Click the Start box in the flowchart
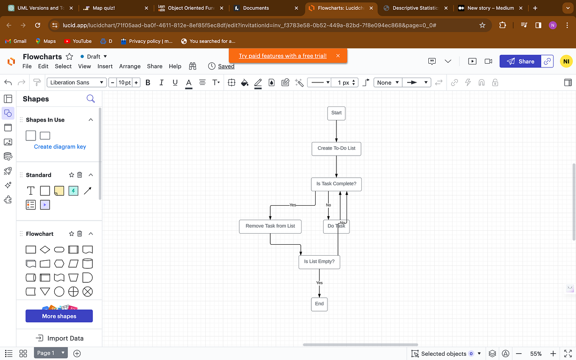(336, 113)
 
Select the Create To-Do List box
(336, 148)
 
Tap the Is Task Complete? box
(336, 184)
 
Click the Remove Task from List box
(270, 226)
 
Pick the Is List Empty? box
(319, 262)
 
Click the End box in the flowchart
(319, 304)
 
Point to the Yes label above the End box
(319, 283)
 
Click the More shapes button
(59, 316)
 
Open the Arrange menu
(130, 66)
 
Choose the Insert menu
(105, 66)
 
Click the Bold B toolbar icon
(148, 83)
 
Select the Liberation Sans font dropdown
(76, 83)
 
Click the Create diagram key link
(60, 147)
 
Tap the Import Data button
(59, 338)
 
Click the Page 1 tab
(46, 353)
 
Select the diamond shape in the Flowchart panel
(45, 250)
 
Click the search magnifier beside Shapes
(90, 99)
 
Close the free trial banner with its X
(338, 56)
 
